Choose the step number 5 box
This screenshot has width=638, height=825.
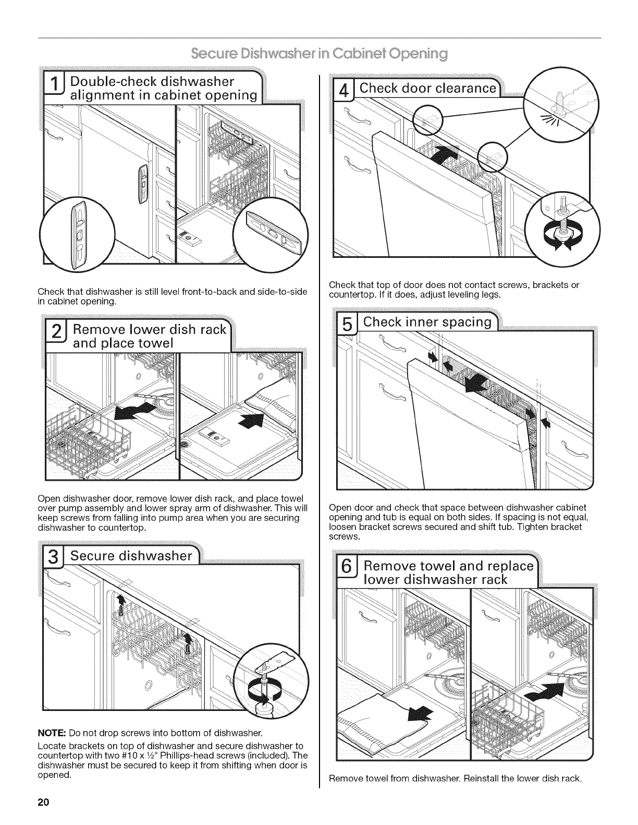(x=346, y=322)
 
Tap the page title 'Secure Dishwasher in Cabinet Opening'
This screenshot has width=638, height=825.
(x=319, y=54)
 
